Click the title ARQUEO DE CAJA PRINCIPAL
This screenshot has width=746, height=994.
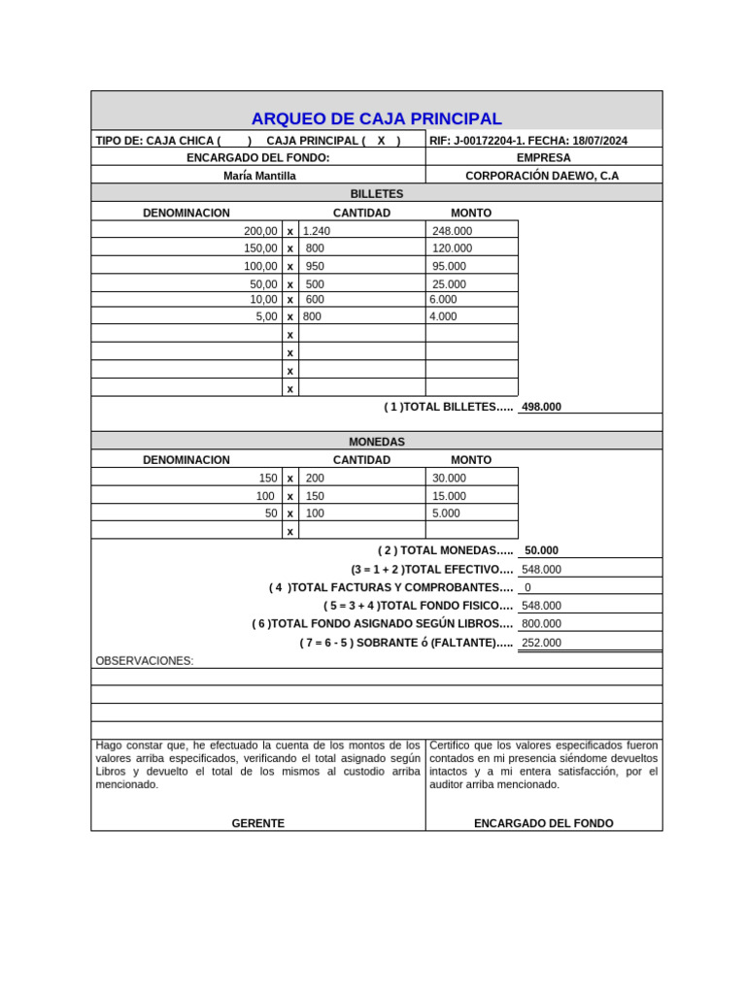pyautogui.click(x=377, y=119)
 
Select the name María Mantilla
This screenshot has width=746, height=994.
pyautogui.click(x=259, y=176)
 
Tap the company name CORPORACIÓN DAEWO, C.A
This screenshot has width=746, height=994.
pyautogui.click(x=542, y=176)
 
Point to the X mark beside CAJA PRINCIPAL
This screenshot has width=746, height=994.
pyautogui.click(x=382, y=141)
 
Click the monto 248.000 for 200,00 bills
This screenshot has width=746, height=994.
pyautogui.click(x=452, y=231)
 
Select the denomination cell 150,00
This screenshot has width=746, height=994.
pyautogui.click(x=260, y=248)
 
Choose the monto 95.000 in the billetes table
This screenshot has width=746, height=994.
pyautogui.click(x=449, y=266)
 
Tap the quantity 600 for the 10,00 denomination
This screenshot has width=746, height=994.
pyautogui.click(x=315, y=300)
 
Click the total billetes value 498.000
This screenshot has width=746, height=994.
pyautogui.click(x=541, y=408)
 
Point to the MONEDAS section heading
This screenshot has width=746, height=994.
pyautogui.click(x=377, y=442)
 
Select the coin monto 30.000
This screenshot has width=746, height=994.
pyautogui.click(x=449, y=479)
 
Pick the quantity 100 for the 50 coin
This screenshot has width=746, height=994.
pyautogui.click(x=315, y=514)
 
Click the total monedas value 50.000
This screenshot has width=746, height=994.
pyautogui.click(x=541, y=550)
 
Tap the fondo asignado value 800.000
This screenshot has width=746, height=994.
pyautogui.click(x=541, y=624)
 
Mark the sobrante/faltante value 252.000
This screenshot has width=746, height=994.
pyautogui.click(x=541, y=643)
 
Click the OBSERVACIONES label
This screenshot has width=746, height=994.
pyautogui.click(x=145, y=661)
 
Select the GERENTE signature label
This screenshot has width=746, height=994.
pyautogui.click(x=258, y=823)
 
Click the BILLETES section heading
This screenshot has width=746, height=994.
pyautogui.click(x=377, y=194)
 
